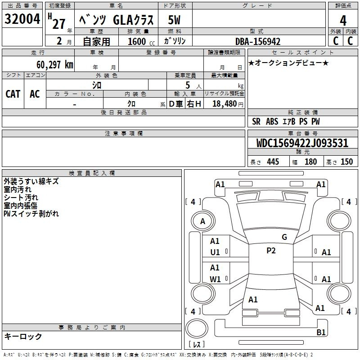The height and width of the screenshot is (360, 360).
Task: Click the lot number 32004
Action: click(x=22, y=19)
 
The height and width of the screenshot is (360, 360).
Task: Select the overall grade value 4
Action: click(x=343, y=20)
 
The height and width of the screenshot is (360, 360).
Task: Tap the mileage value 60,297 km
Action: click(x=55, y=64)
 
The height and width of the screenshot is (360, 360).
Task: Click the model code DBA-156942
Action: click(x=258, y=41)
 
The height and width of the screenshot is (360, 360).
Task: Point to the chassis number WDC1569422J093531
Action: click(x=302, y=143)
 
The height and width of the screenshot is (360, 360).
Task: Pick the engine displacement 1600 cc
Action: click(x=141, y=41)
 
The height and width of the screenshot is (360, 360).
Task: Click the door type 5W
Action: click(x=174, y=20)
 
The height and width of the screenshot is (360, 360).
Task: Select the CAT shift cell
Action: click(x=13, y=94)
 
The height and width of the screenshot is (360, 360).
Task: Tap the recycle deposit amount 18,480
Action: click(x=224, y=104)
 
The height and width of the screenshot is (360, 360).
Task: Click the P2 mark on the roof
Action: click(x=271, y=251)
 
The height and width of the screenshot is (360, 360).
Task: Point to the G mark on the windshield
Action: click(x=284, y=237)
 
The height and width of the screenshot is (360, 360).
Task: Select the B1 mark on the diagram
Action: click(x=321, y=332)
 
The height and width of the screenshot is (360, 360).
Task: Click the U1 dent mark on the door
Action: click(x=215, y=252)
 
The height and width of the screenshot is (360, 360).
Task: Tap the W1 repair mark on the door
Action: click(x=215, y=279)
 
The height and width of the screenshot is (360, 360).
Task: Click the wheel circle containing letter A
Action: click(x=203, y=221)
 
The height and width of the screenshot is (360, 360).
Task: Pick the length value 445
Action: click(x=273, y=162)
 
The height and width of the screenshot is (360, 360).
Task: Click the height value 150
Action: click(x=346, y=162)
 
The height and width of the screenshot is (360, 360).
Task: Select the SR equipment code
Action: click(x=256, y=121)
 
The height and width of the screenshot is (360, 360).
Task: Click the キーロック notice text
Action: click(x=23, y=336)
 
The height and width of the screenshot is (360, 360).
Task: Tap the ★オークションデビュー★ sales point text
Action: click(x=288, y=63)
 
